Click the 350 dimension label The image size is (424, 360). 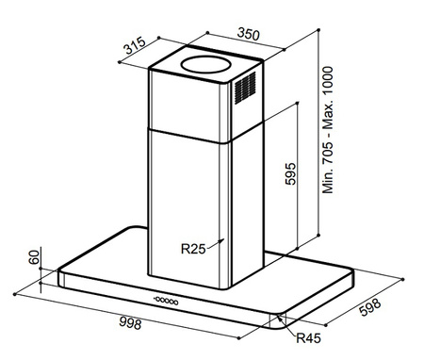tap(249, 34)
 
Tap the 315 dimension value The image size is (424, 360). tap(135, 45)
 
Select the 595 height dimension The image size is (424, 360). tap(290, 173)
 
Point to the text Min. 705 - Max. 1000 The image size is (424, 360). tap(328, 130)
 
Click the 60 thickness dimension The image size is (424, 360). tap(34, 257)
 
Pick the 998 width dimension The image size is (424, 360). tap(130, 323)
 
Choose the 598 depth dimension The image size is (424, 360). tap(370, 307)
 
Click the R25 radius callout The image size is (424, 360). tap(193, 249)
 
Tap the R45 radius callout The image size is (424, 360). tap(308, 338)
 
